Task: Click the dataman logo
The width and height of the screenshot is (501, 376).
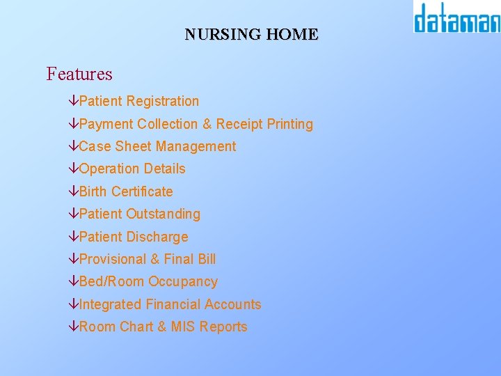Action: coord(456,18)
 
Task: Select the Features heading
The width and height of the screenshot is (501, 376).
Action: coord(79,74)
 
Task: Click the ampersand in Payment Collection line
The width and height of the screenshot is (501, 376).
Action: coord(207,124)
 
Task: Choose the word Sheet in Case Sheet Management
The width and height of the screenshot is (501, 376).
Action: coord(134,146)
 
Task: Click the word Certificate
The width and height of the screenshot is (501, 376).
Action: coord(142,191)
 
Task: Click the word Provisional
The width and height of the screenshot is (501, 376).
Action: coord(113,259)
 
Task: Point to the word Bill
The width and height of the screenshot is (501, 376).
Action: coord(207,259)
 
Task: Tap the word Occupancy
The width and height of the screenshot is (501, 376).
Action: coord(183,282)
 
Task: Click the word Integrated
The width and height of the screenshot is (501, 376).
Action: coord(111,304)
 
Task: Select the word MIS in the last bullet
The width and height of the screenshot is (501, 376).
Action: coord(184,327)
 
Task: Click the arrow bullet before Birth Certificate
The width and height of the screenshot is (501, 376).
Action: coord(74,191)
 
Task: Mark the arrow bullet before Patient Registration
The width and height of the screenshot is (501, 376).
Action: coord(74,102)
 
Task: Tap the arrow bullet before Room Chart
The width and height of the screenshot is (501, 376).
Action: coord(74,327)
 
